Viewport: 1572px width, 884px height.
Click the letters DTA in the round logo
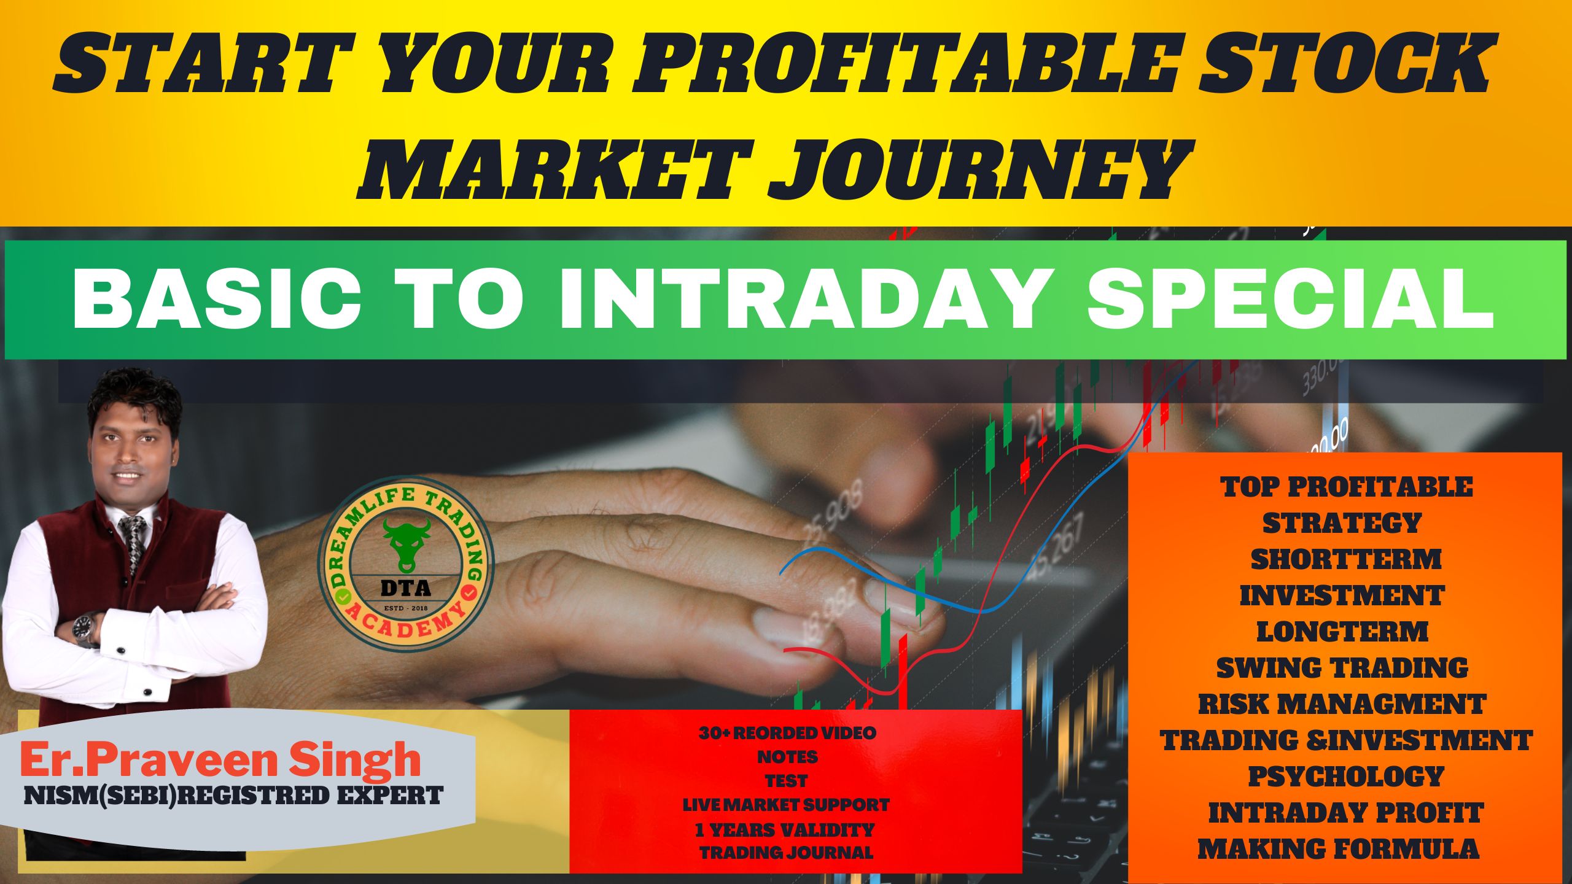[x=406, y=588]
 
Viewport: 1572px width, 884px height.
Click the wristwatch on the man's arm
[x=85, y=630]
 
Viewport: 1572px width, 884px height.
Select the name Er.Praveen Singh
[x=220, y=759]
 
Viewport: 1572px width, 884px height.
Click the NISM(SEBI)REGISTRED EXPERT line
[x=233, y=795]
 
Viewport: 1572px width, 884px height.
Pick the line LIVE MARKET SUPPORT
[x=786, y=804]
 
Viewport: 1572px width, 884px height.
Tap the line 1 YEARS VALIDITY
[x=785, y=829]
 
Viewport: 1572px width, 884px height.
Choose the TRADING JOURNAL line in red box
[x=786, y=853]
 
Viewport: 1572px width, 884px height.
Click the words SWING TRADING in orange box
[x=1342, y=668]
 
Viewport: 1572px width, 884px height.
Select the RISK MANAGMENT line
[x=1342, y=704]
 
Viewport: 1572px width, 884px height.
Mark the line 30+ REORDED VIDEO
[x=788, y=732]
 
